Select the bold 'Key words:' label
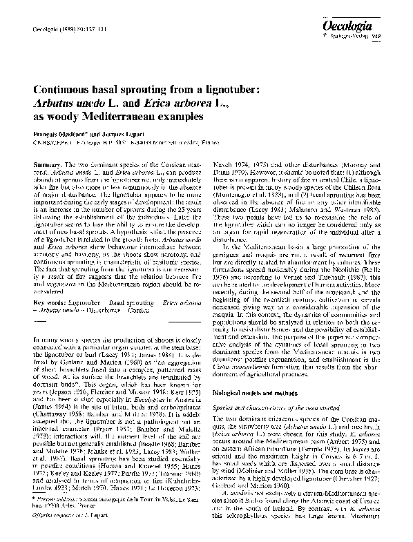point(50,302)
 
